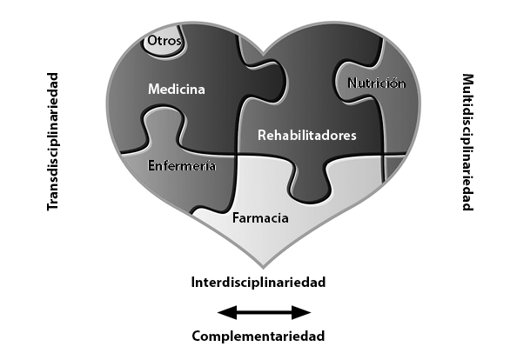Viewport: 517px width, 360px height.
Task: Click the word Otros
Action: pos(164,41)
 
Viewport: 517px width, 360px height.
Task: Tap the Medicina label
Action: pos(177,90)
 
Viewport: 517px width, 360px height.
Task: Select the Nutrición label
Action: pos(377,83)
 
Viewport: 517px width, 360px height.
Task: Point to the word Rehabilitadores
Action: pos(307,135)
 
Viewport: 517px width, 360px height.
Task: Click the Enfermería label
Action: pos(182,165)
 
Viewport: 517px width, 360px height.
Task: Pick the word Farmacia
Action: pos(260,218)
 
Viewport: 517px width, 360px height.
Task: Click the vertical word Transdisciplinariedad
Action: pos(53,142)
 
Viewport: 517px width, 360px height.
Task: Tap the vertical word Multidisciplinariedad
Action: pos(467,142)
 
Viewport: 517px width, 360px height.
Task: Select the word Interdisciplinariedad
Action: pos(258,283)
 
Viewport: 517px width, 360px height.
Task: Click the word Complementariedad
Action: pos(258,336)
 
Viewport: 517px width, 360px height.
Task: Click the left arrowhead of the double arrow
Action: pos(227,312)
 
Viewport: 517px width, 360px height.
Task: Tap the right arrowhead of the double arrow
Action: pos(301,312)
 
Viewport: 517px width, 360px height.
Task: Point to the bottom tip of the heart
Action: pos(263,267)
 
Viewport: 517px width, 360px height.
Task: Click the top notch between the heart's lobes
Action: pos(264,54)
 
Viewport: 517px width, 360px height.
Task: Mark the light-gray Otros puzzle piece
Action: pos(163,43)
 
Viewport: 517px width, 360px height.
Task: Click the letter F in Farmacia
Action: pos(236,218)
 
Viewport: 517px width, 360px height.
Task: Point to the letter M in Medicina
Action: pos(154,90)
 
